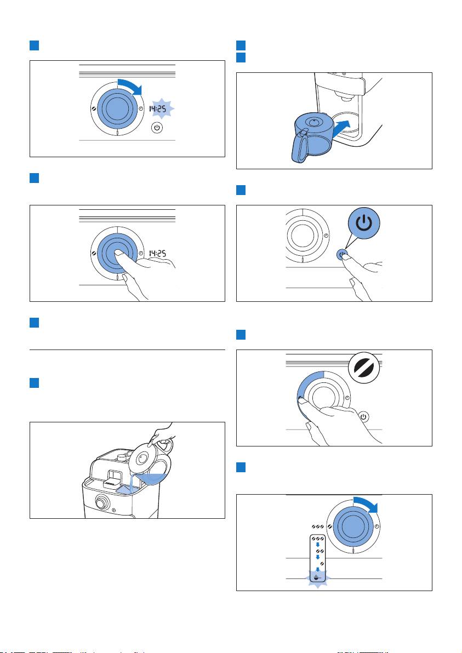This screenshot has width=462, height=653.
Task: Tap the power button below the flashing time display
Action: pyautogui.click(x=157, y=128)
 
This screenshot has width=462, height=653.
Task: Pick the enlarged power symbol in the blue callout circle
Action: pyautogui.click(x=364, y=223)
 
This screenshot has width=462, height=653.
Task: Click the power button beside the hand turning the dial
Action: pyautogui.click(x=363, y=416)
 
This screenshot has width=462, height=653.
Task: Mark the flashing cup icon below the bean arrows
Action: pyautogui.click(x=317, y=578)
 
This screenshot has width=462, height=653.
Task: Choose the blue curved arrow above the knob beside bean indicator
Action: pyautogui.click(x=366, y=504)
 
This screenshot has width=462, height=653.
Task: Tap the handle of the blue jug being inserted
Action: pyautogui.click(x=300, y=148)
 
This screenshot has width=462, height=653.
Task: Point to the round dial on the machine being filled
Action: pyautogui.click(x=101, y=503)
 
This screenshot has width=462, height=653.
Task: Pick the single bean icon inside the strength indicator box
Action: pyautogui.click(x=321, y=564)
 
